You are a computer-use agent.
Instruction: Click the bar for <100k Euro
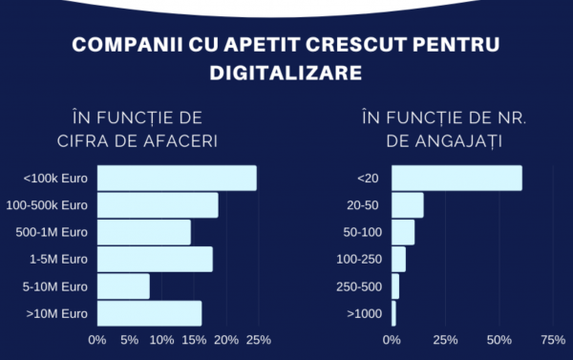pyautogui.click(x=177, y=179)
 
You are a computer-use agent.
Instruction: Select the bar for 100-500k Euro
pyautogui.click(x=158, y=205)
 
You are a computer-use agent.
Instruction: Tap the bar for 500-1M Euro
pyautogui.click(x=144, y=232)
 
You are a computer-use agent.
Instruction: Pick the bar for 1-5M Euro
pyautogui.click(x=155, y=259)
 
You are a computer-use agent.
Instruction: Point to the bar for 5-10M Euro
pyautogui.click(x=123, y=286)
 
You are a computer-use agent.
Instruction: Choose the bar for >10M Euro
pyautogui.click(x=149, y=313)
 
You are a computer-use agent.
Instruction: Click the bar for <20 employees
pyautogui.click(x=456, y=179)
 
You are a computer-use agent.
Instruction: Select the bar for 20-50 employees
pyautogui.click(x=408, y=205)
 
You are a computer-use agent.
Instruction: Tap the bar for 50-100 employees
pyautogui.click(x=403, y=232)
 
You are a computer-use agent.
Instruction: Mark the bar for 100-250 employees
pyautogui.click(x=399, y=259)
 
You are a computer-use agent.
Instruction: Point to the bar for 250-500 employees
pyautogui.click(x=395, y=286)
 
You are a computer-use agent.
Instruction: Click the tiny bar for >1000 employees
pyautogui.click(x=393, y=313)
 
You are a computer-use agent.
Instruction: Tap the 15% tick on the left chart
pyautogui.click(x=194, y=339)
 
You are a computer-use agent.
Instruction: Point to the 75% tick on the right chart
pyautogui.click(x=552, y=339)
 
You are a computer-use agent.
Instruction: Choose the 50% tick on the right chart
pyautogui.click(x=499, y=339)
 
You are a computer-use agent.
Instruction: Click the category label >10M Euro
pyautogui.click(x=57, y=313)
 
